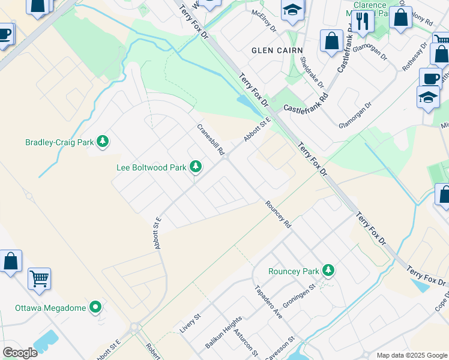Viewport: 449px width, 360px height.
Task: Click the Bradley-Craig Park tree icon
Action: click(x=103, y=142)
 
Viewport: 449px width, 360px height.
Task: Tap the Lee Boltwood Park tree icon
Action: click(x=195, y=167)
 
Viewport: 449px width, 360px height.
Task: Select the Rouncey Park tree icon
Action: click(x=328, y=271)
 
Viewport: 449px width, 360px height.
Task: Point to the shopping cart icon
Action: click(x=39, y=277)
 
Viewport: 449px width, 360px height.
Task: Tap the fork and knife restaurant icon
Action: click(x=363, y=22)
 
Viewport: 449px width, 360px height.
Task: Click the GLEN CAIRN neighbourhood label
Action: click(x=277, y=50)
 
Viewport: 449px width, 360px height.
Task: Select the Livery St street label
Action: click(x=190, y=326)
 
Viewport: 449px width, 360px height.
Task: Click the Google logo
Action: click(x=20, y=353)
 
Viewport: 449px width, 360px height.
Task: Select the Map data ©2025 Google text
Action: click(x=411, y=355)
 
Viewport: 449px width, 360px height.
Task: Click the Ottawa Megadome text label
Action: click(x=51, y=308)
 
